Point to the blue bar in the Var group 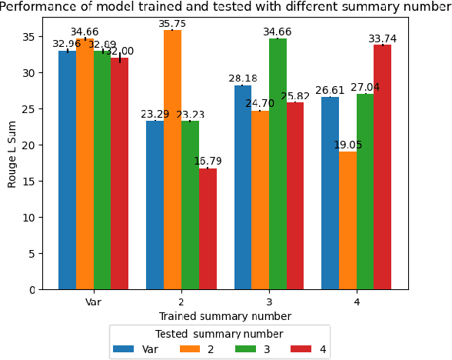pos(68,170)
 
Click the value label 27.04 pos(365,88)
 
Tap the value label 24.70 pos(260,104)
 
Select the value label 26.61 pos(330,91)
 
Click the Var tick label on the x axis pos(94,302)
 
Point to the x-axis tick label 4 pos(357,302)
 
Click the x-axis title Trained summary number pos(224,316)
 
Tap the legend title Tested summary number pos(219,334)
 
